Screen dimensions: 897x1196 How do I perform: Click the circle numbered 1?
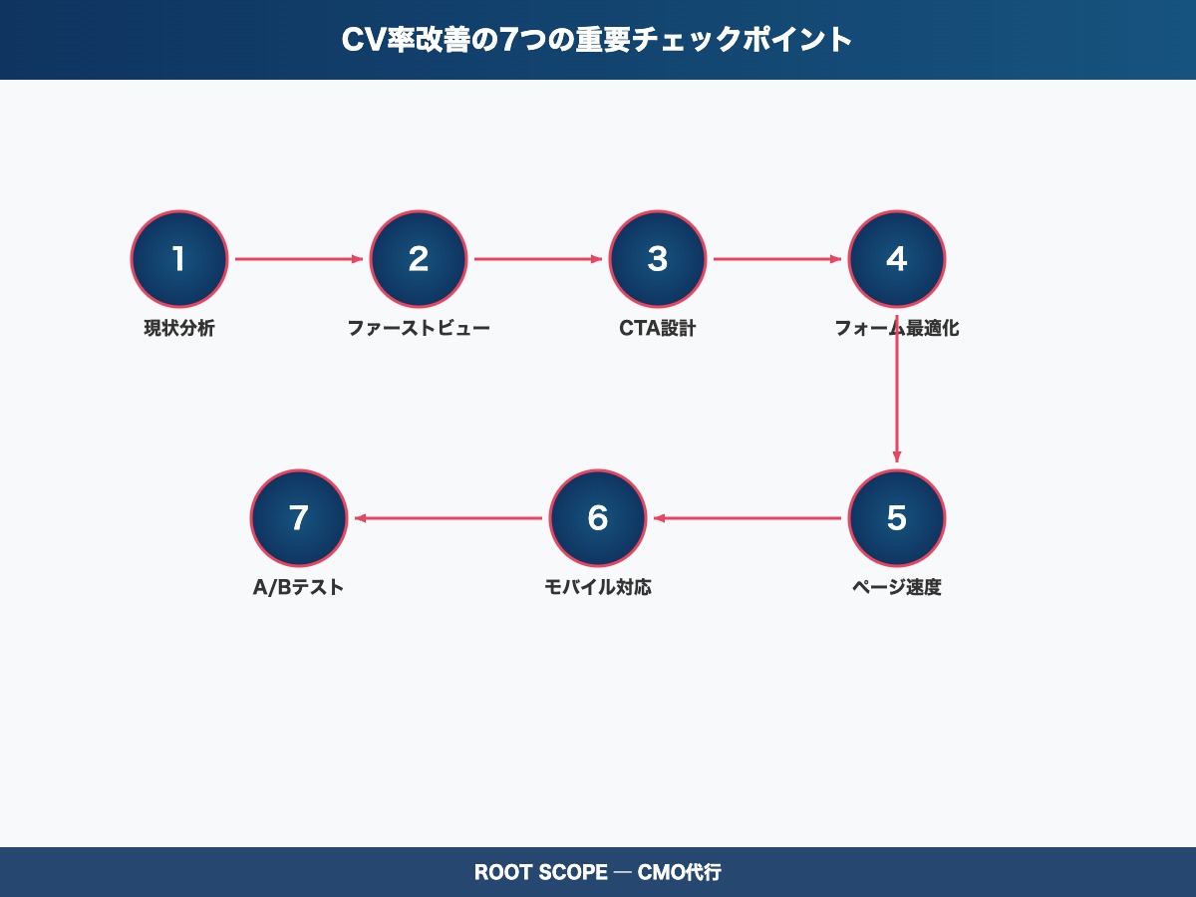tap(179, 259)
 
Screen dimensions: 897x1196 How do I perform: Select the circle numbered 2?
tap(419, 259)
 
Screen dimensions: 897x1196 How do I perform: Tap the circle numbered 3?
tap(658, 259)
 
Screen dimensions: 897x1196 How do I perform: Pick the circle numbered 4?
tap(897, 259)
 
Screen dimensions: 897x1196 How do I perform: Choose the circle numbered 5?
tap(897, 518)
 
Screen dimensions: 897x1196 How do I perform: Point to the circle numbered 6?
tap(598, 518)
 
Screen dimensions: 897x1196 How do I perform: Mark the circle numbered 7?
tap(299, 518)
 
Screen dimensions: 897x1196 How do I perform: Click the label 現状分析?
tap(179, 328)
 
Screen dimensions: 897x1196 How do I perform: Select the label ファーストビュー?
tap(419, 328)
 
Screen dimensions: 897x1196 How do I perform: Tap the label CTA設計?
tap(658, 328)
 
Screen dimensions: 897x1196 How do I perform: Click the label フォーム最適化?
tap(897, 328)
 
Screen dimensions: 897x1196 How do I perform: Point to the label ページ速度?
tap(897, 587)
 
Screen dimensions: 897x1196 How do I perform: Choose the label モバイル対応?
tap(598, 587)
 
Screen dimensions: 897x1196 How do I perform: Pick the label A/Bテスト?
tap(299, 587)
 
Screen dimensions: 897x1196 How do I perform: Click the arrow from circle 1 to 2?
tap(299, 259)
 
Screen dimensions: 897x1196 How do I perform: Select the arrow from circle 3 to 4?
tap(777, 259)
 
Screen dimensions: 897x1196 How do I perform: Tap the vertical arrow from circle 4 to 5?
tap(897, 399)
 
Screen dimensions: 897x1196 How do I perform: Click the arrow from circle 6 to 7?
tap(448, 518)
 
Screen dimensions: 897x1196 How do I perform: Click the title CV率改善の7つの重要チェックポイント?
tap(598, 40)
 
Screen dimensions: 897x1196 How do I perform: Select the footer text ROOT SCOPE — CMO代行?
tap(598, 873)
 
